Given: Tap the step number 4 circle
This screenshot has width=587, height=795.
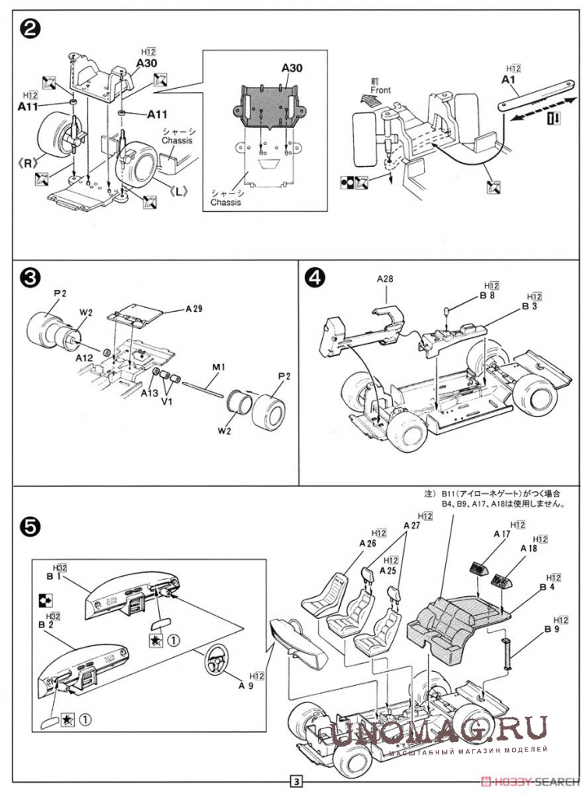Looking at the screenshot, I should (x=315, y=278).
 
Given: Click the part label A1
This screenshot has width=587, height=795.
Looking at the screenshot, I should (x=509, y=80).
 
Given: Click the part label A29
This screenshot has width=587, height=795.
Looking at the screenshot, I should (x=195, y=309).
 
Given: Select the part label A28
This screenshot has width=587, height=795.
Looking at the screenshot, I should (x=387, y=277).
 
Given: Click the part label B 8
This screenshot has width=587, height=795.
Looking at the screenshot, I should (x=488, y=296).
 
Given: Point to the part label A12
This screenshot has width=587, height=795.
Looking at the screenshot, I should (x=86, y=359).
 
